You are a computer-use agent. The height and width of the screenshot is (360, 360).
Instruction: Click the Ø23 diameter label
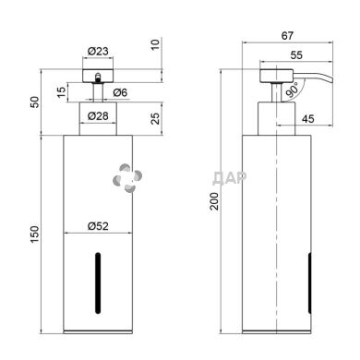point(98,51)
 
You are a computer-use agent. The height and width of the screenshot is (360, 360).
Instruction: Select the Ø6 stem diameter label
point(120,92)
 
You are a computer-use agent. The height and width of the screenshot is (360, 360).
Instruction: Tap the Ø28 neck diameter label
point(98,116)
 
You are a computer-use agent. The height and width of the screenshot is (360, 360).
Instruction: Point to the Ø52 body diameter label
point(98,226)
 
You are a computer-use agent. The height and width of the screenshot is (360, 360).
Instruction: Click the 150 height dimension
point(35,234)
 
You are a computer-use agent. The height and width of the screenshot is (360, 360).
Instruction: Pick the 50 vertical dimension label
point(35,102)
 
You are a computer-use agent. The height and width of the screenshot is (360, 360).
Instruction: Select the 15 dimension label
point(62,92)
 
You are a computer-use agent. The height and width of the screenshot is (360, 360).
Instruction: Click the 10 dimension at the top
point(156,44)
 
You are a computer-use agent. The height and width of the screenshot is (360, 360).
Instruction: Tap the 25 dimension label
point(156,118)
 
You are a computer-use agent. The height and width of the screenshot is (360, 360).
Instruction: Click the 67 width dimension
point(287,36)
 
